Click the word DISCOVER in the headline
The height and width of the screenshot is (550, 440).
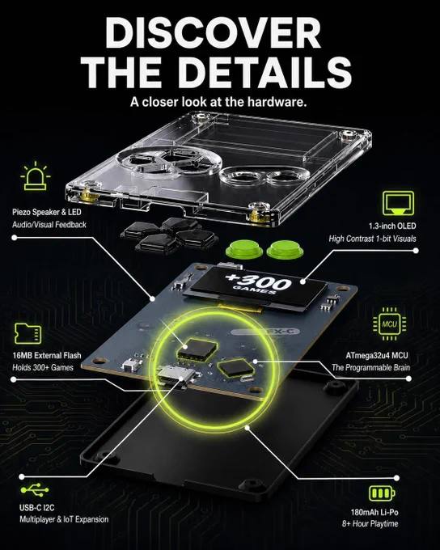[x=213, y=32]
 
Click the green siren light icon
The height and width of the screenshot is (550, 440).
[x=35, y=176]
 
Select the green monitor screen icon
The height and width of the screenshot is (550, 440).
[x=398, y=203]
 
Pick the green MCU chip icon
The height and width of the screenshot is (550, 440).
[x=390, y=324]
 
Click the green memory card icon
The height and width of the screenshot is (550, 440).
[x=27, y=333]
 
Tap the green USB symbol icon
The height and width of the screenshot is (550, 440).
[x=35, y=489]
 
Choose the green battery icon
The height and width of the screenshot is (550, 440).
[x=382, y=493]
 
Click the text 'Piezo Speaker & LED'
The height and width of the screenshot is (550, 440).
[x=47, y=212]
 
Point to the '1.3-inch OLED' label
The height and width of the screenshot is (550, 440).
[x=392, y=226]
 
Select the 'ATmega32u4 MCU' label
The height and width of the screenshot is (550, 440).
[x=377, y=355]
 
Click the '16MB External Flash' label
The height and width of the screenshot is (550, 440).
[x=47, y=355]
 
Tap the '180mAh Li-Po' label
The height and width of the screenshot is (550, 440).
[x=374, y=512]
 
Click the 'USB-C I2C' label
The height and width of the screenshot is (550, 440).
[x=37, y=507]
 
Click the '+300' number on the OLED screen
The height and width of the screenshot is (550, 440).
[x=258, y=281]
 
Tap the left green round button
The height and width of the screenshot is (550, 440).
[x=243, y=249]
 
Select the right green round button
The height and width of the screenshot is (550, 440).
[x=284, y=249]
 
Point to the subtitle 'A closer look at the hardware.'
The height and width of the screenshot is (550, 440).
[x=218, y=102]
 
